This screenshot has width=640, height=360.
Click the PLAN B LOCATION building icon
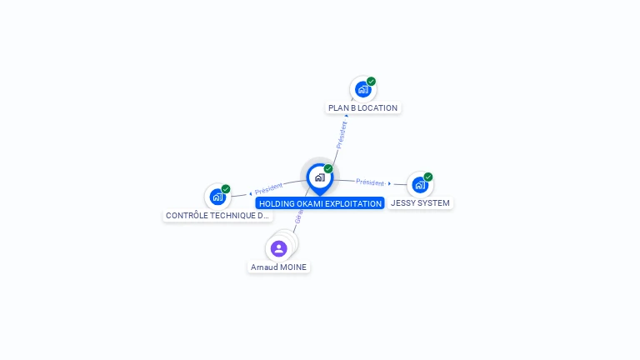[362, 89]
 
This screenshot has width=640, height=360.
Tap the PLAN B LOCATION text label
[362, 107]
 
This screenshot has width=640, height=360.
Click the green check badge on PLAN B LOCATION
[371, 82]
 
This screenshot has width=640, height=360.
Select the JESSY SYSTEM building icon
[419, 184]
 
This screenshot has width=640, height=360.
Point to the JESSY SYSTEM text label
[420, 203]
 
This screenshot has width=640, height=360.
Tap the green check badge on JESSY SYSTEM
[428, 177]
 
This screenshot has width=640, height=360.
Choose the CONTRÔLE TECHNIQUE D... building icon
[217, 197]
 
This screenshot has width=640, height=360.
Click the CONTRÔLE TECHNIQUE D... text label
[217, 216]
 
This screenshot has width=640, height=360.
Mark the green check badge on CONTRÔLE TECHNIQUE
[226, 189]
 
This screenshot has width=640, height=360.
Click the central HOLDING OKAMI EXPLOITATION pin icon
[319, 177]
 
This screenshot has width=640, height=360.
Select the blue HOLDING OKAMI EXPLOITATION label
[320, 203]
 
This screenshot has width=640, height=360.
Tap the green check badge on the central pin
[328, 169]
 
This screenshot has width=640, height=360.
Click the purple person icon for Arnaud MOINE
[279, 248]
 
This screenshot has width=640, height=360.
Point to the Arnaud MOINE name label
[279, 267]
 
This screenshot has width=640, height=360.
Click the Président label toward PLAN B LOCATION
[342, 134]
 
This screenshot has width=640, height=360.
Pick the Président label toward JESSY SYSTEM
[370, 182]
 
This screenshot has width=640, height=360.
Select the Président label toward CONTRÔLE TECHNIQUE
[269, 188]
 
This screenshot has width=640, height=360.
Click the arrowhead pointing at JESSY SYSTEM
[390, 183]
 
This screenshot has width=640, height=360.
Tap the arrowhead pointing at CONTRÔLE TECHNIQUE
[250, 193]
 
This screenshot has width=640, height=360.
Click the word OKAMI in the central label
[311, 203]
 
